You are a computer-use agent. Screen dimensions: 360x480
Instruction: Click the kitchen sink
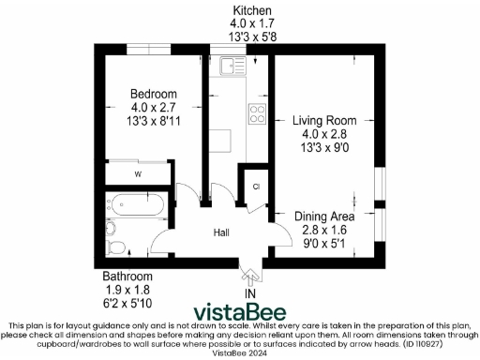pos(228,66)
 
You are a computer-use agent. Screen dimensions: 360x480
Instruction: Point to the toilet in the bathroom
pos(116,247)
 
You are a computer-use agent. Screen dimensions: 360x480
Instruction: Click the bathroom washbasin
pos(111,225)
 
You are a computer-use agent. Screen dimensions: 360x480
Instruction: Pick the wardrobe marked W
pos(137,173)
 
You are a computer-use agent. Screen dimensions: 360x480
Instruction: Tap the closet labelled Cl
pos(255,186)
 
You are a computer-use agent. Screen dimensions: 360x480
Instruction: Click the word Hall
pos(221,232)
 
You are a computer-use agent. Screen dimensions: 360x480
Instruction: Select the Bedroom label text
pos(153,94)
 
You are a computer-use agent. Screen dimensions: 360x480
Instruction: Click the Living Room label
pos(324,120)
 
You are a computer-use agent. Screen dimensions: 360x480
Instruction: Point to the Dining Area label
pos(324,216)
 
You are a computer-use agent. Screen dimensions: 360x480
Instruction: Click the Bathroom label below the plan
pos(127,277)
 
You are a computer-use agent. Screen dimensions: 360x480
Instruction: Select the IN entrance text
pos(250,294)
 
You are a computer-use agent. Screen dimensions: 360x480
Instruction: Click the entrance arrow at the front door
pos(249,275)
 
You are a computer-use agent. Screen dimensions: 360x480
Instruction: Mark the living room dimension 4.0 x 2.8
pos(324,133)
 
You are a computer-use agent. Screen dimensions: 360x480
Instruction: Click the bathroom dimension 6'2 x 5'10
pos(127,303)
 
